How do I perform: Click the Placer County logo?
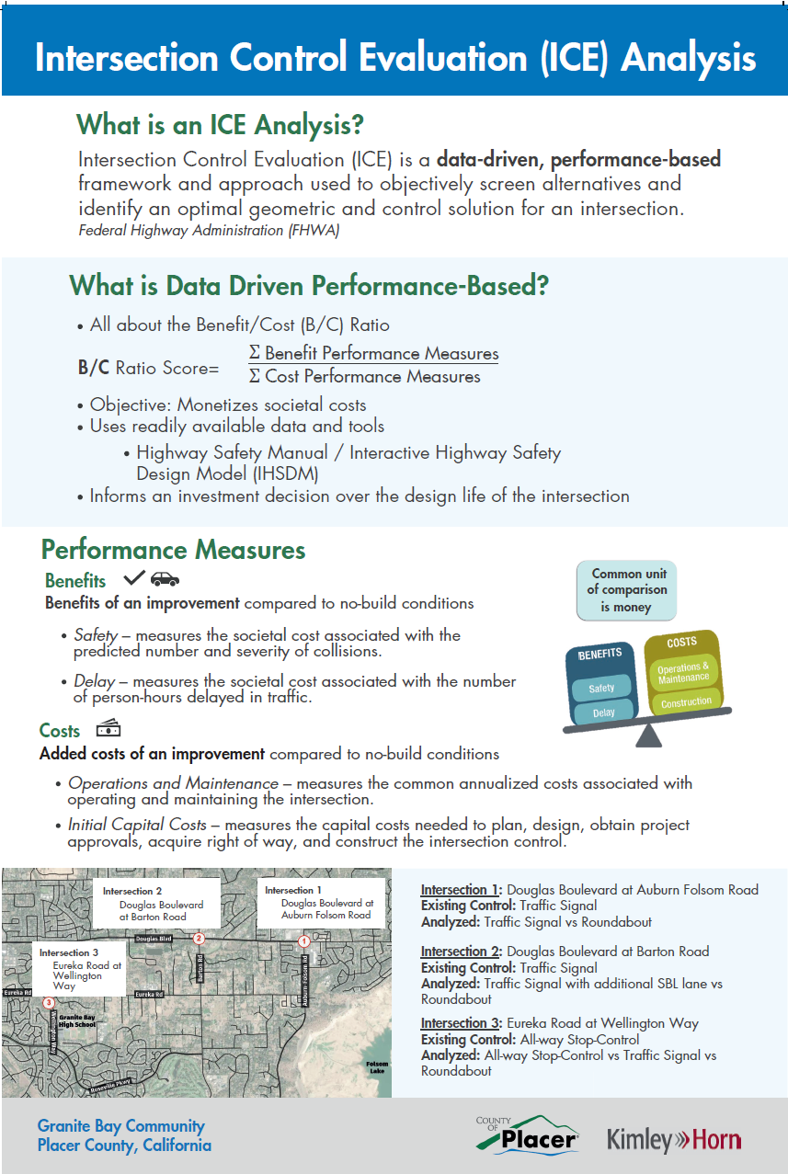coord(528,1135)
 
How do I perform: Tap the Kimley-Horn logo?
coord(674,1140)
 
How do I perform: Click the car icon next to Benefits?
coord(165,579)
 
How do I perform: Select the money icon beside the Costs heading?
coord(108,729)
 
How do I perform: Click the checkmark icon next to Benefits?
coord(134,578)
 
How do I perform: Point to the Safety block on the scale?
coord(601,688)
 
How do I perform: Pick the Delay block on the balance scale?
coord(603,712)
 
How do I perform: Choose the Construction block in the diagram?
coord(686,702)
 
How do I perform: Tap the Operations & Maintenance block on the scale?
coord(683,673)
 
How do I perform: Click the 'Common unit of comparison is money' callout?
coord(626,589)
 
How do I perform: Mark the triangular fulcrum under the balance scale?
coord(649,734)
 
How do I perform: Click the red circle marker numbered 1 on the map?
coord(304,941)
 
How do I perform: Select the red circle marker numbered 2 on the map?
coord(199,939)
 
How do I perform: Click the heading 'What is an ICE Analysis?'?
coord(220,123)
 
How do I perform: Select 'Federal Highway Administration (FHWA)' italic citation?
coord(209,230)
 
